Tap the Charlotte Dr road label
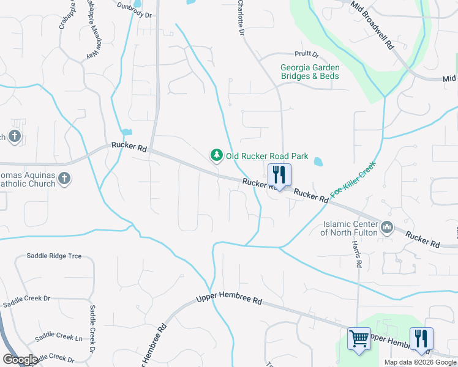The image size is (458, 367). pyautogui.click(x=241, y=17)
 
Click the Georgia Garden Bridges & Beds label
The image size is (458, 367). pyautogui.click(x=309, y=72)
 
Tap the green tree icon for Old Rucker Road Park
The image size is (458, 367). pyautogui.click(x=216, y=156)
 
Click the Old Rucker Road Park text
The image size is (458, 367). pyautogui.click(x=267, y=156)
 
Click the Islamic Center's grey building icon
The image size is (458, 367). pyautogui.click(x=386, y=228)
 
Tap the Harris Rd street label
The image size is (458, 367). pyautogui.click(x=356, y=253)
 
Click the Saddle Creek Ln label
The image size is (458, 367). pyautogui.click(x=59, y=337)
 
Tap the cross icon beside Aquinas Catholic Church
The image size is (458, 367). pyautogui.click(x=64, y=179)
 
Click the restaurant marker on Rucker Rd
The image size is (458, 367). pyautogui.click(x=279, y=175)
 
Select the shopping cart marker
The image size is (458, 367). pyautogui.click(x=359, y=339)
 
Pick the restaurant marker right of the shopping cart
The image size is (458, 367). pyautogui.click(x=421, y=339)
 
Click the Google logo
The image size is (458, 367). pyautogui.click(x=20, y=359)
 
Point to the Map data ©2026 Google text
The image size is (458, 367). pyautogui.click(x=419, y=362)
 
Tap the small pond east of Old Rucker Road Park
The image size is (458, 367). pyautogui.click(x=318, y=162)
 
